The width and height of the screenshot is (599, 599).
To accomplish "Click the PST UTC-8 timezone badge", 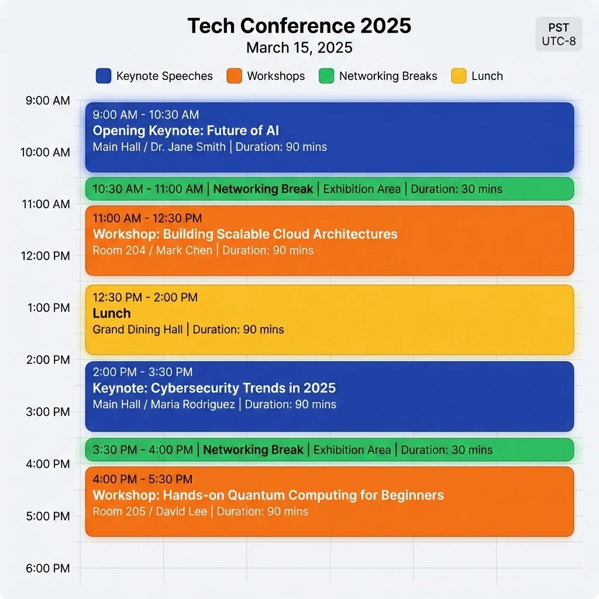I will point(559,35).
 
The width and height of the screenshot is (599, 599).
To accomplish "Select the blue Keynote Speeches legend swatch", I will point(103,76).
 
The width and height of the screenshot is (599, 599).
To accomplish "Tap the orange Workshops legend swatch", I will point(234,76).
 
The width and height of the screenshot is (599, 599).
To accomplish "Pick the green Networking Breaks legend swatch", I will point(326,76).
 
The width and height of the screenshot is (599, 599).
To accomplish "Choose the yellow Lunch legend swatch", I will point(459,76).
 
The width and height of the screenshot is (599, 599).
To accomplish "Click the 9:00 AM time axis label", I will point(48,101).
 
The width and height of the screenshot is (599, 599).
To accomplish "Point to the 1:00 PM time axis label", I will point(49,308).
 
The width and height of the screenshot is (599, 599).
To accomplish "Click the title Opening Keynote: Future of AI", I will point(186,130).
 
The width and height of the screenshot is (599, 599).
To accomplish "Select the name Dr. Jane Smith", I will point(188,147).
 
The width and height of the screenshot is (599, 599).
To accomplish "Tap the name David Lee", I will point(181,511).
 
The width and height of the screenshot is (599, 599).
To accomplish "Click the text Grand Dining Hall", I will point(137,329).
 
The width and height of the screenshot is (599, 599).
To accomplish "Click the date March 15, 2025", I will point(299,47).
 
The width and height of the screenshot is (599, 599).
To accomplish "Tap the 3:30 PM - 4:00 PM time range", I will point(143,450).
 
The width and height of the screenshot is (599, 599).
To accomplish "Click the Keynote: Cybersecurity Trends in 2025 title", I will point(214,388).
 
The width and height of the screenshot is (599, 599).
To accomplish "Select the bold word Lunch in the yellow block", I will point(111,313).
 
